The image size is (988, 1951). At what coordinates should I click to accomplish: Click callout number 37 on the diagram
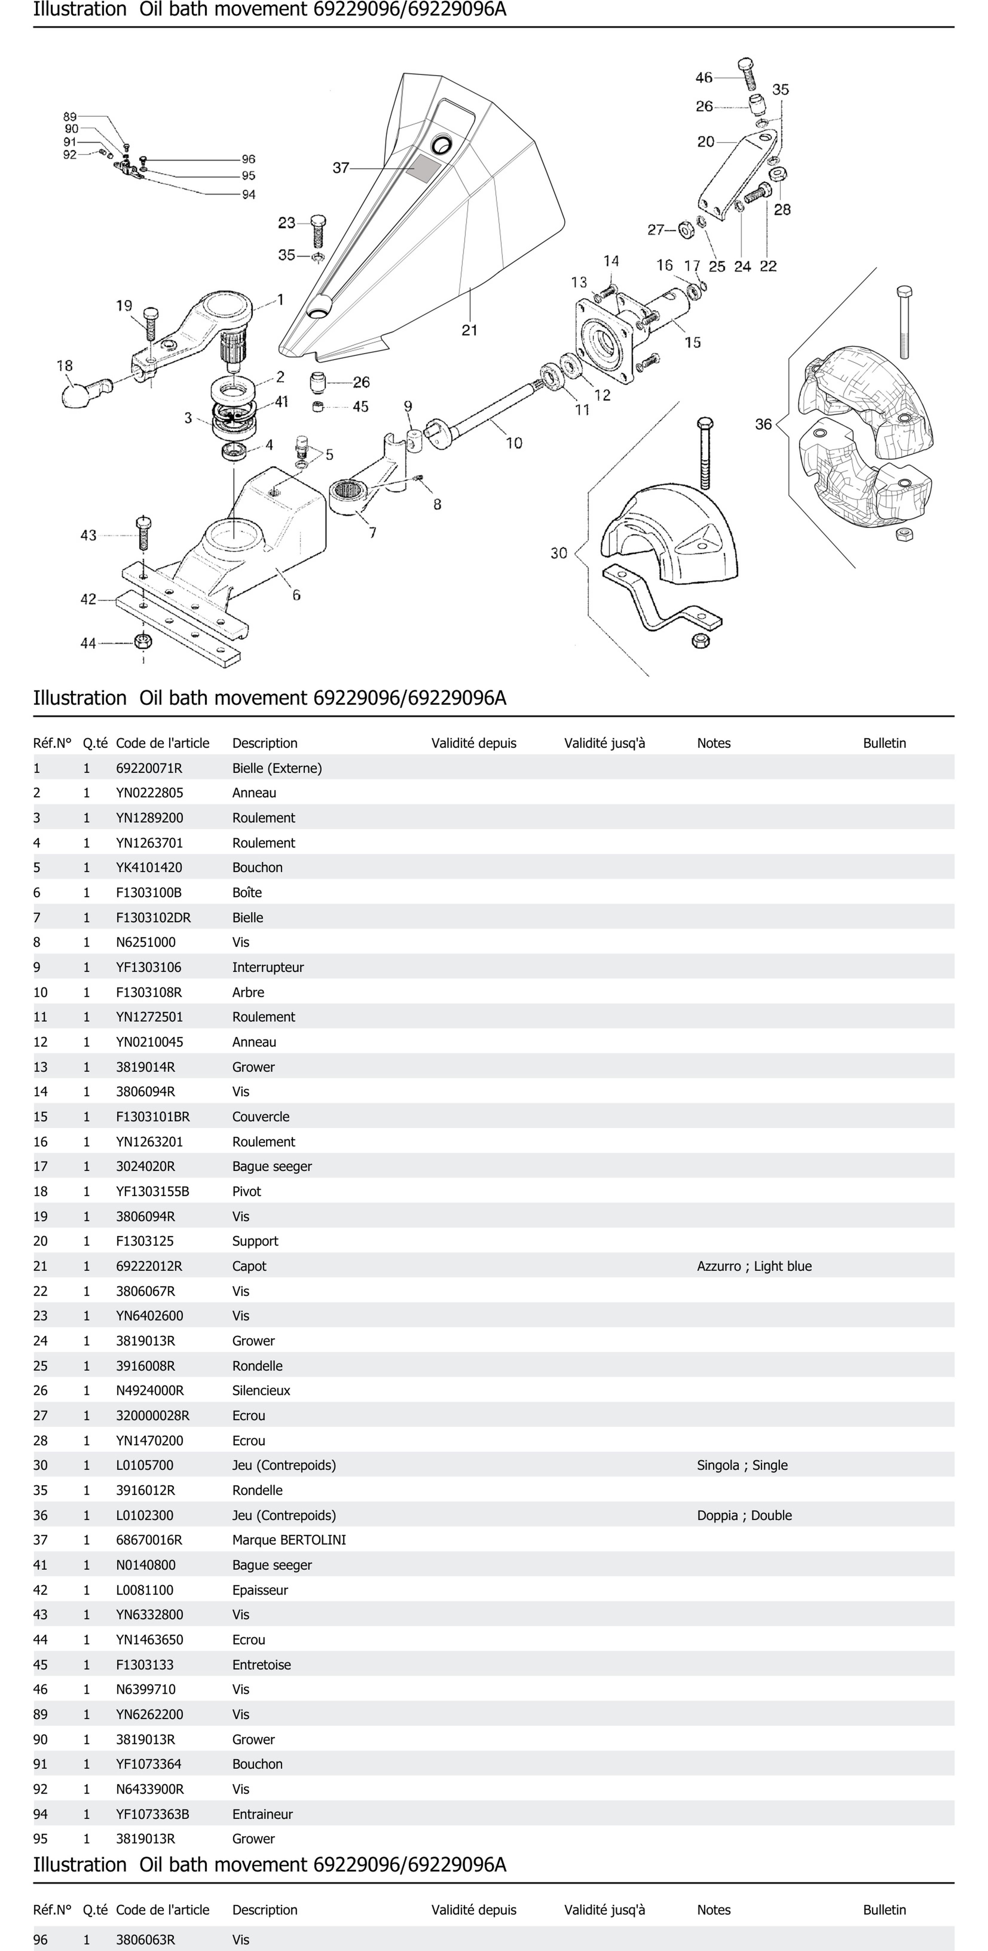coord(341,167)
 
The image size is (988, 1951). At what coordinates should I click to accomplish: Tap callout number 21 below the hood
coord(469,330)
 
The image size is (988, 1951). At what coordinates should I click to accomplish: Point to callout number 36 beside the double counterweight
coord(763,424)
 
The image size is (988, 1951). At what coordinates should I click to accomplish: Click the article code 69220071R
coord(149,768)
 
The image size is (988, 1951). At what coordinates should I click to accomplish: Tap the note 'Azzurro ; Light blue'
coord(754,1266)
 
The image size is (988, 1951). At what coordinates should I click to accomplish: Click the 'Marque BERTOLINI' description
coord(288,1540)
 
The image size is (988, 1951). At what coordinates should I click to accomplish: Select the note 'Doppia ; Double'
coord(744,1515)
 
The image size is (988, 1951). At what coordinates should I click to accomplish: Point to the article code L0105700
coord(145,1465)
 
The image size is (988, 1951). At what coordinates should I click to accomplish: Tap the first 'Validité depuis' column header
coord(473,743)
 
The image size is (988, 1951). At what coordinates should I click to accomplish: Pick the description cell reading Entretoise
coord(261,1664)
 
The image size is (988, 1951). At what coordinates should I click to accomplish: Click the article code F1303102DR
coord(153,917)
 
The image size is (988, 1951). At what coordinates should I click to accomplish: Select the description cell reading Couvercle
coord(260,1116)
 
